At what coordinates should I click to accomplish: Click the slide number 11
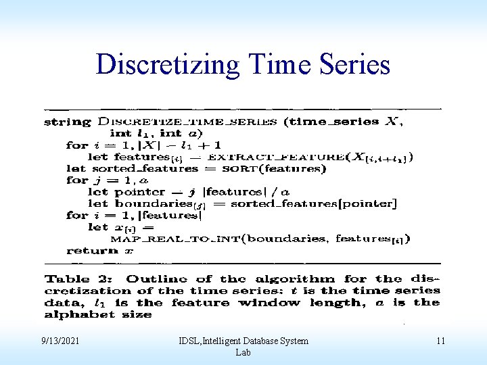tap(440, 341)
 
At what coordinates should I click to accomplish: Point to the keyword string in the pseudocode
tap(67, 122)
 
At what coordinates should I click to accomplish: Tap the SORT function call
tap(239, 168)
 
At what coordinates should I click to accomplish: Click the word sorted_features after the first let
tap(139, 168)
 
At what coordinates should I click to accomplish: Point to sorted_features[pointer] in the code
tap(313, 203)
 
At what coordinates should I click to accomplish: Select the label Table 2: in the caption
tap(80, 279)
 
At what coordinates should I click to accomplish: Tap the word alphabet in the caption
tap(72, 315)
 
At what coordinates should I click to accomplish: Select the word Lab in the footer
tap(242, 352)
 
